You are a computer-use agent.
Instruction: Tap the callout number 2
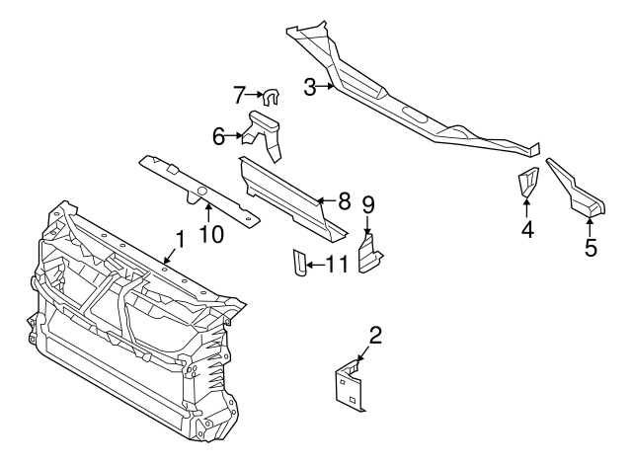[374, 335]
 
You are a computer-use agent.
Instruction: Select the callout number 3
[310, 88]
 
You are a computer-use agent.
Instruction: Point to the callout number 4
[527, 230]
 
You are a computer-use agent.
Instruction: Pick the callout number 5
[591, 247]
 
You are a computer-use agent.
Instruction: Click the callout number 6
[219, 137]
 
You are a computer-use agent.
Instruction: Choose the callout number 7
[238, 95]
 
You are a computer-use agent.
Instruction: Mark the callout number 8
[344, 200]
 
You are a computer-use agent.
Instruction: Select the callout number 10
[211, 233]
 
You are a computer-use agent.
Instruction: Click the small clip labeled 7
[270, 96]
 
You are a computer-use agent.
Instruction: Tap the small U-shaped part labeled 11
[296, 264]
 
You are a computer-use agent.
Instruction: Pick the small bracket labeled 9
[369, 254]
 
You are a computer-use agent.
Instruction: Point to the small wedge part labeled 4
[527, 184]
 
